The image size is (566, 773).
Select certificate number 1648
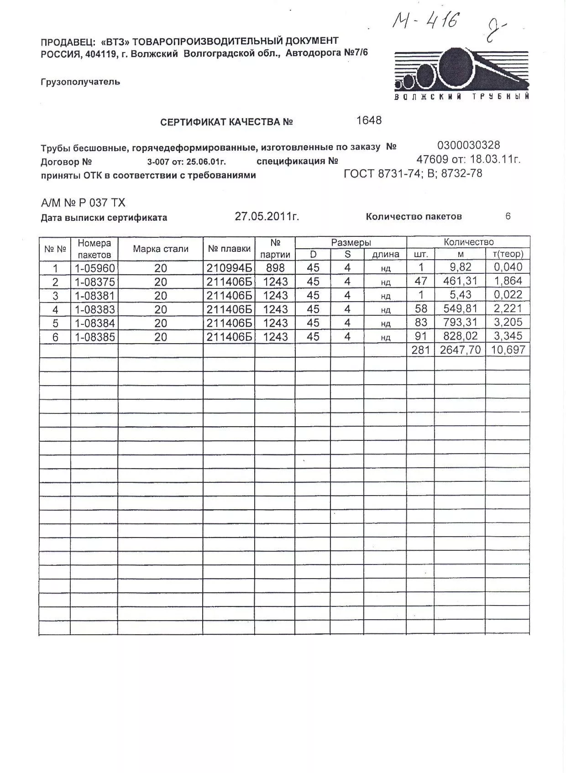368,120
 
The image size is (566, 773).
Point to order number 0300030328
468,146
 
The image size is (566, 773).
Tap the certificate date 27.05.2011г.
267,216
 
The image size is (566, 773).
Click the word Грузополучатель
80,82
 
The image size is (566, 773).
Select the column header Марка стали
161,249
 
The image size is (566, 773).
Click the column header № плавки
229,249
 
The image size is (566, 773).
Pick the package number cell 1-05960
95,268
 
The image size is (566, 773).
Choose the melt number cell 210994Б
229,268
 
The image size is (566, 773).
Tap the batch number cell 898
275,268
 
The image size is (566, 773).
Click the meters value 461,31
460,282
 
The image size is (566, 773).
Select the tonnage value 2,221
508,309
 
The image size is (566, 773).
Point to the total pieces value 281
420,350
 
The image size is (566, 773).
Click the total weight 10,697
508,350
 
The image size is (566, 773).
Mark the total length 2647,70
460,350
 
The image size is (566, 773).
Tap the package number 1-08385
95,337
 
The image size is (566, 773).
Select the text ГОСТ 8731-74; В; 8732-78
413,174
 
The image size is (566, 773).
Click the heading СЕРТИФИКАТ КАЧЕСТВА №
226,122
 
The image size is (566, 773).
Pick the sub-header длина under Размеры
386,255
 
